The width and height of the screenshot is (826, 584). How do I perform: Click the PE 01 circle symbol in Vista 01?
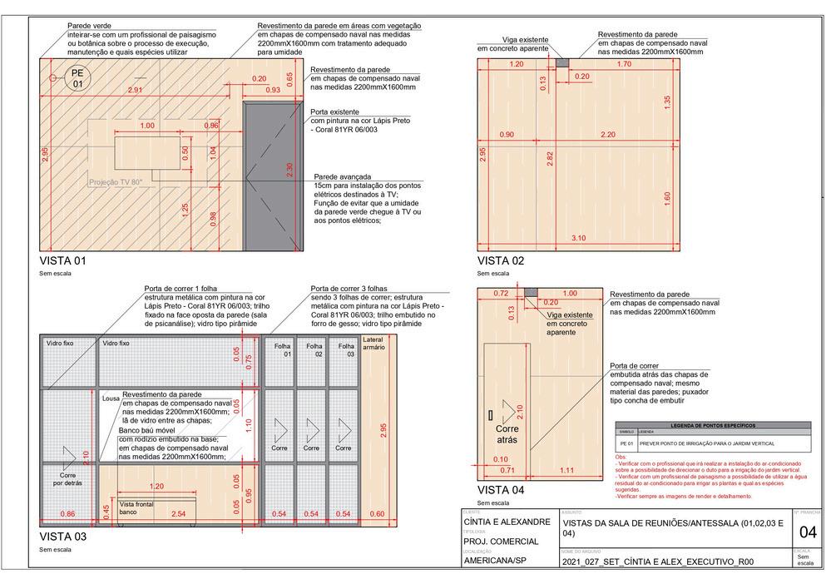coord(77,78)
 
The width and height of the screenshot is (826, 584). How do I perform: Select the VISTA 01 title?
coord(62,260)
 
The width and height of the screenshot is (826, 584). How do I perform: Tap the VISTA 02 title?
coord(501,260)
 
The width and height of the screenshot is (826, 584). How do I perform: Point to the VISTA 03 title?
coord(62,537)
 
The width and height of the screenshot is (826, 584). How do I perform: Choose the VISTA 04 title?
coord(501,489)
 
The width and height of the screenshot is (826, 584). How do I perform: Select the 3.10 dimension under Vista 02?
coord(579,239)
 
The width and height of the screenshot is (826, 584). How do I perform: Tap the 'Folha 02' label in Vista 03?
coord(313,349)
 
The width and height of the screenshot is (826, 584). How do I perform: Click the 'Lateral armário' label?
coord(373,344)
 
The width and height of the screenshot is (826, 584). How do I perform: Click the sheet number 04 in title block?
coord(806,532)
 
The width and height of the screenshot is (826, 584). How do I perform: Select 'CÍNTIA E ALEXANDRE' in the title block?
coord(506,522)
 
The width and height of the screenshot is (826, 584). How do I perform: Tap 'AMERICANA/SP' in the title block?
coord(501,561)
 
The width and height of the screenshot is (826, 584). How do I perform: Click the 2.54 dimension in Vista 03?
coord(177,514)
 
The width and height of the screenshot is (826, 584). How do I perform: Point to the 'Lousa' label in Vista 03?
coord(111,399)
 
